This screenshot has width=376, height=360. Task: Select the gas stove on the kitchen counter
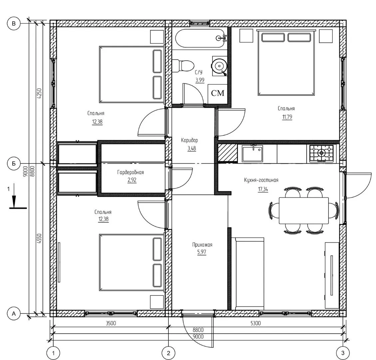321,153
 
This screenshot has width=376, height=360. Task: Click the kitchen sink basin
252,153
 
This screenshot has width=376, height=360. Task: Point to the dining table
304,210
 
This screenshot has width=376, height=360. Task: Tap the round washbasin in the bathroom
219,66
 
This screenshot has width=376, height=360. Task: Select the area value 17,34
263,189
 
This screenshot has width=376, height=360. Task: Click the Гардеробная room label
131,172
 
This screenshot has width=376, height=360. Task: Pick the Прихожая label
202,245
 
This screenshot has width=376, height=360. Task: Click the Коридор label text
189,140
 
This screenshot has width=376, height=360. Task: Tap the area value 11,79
287,117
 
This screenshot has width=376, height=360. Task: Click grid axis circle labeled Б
14,163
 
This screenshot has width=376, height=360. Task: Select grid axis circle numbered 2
168,353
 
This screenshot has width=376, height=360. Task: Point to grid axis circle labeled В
14,23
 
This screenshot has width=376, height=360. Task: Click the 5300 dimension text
255,323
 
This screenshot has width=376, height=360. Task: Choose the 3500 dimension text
111,323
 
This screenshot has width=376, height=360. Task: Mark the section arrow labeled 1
14,196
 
